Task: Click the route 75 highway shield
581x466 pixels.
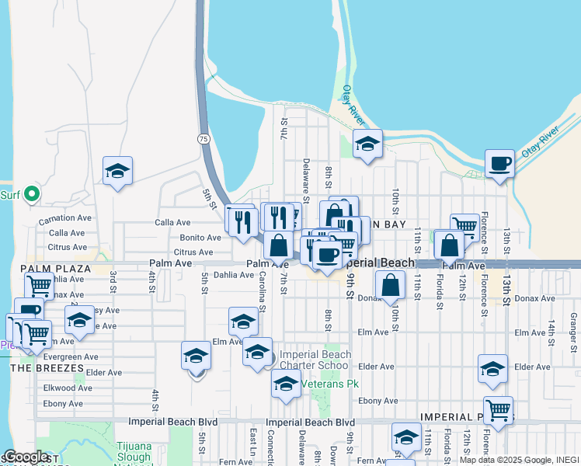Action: pyautogui.click(x=204, y=138)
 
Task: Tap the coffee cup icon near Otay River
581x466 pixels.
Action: pyautogui.click(x=499, y=164)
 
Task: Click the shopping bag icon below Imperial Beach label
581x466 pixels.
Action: pyautogui.click(x=391, y=285)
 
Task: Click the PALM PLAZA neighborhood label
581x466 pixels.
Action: pyautogui.click(x=56, y=269)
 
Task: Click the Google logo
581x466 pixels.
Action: pyautogui.click(x=26, y=457)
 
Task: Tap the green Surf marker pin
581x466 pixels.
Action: pyautogui.click(x=32, y=193)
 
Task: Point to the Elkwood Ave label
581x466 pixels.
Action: pyautogui.click(x=68, y=388)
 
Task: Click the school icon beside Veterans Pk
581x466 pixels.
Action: pyautogui.click(x=287, y=384)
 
